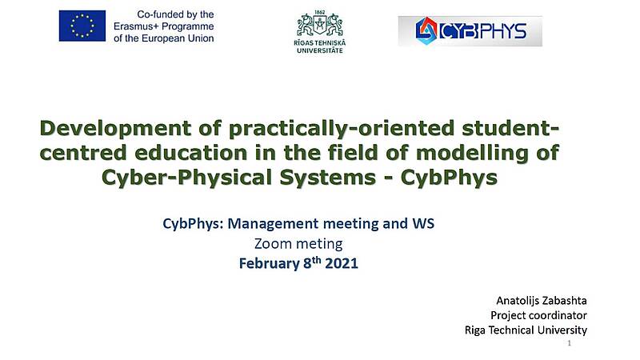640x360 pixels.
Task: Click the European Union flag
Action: click(82, 26)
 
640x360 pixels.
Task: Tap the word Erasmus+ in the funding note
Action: click(136, 26)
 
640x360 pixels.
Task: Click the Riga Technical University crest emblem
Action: click(319, 26)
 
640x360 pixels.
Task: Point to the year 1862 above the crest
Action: click(319, 12)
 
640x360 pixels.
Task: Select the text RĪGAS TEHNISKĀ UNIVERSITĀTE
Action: click(319, 46)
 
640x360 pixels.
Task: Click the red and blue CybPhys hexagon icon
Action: click(426, 30)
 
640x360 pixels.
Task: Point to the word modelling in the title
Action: click(471, 153)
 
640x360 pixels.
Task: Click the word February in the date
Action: click(269, 264)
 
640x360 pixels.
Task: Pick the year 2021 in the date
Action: click(342, 263)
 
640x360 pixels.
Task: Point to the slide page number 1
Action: click(570, 343)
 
